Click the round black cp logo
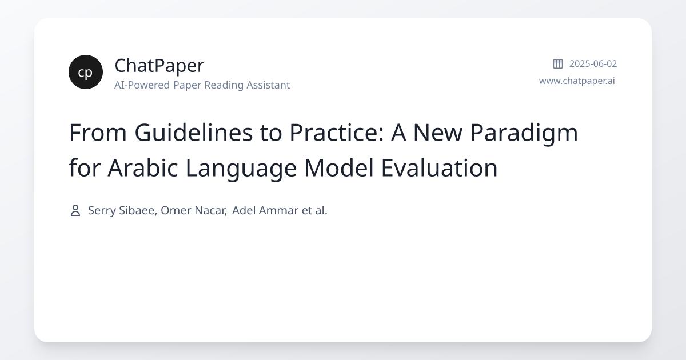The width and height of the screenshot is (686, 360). click(x=86, y=72)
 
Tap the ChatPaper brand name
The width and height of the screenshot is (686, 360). click(x=159, y=66)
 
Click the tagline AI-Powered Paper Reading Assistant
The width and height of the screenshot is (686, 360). click(x=202, y=85)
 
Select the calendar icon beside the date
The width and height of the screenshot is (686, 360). click(x=557, y=64)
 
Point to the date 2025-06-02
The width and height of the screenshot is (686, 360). click(x=593, y=64)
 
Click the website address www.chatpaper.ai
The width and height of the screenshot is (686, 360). click(x=577, y=81)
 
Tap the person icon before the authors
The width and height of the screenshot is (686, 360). click(x=75, y=210)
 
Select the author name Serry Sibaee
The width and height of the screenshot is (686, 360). click(x=121, y=210)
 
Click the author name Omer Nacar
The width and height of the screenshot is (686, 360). click(x=193, y=210)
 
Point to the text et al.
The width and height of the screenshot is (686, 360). click(x=314, y=210)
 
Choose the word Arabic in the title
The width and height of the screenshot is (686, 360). click(x=140, y=169)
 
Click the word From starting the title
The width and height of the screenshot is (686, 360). click(x=98, y=133)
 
